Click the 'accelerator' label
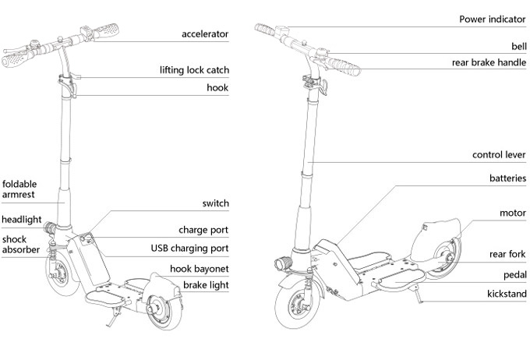click(x=205, y=34)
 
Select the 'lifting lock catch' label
click(x=194, y=70)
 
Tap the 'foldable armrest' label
click(x=19, y=190)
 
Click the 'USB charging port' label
click(x=189, y=249)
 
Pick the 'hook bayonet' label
click(x=200, y=269)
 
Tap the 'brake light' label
click(x=206, y=286)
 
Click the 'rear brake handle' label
click(x=489, y=63)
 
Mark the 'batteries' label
click(x=507, y=178)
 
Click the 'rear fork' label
click(x=507, y=254)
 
